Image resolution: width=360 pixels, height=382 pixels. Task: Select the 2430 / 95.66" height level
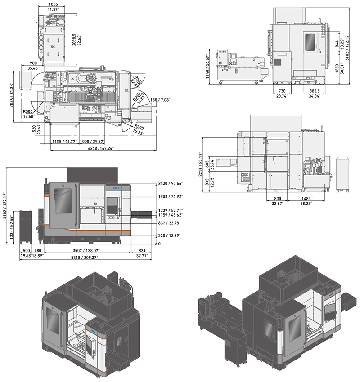coord(171,183)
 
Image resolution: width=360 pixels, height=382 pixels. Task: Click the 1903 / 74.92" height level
coord(171,196)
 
